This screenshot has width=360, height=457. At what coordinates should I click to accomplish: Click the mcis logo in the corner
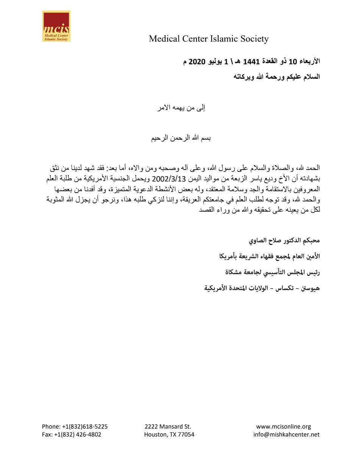(56, 26)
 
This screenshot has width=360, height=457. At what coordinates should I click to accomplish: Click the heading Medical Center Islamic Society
(209, 39)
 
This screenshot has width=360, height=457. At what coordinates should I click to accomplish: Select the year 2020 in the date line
(196, 61)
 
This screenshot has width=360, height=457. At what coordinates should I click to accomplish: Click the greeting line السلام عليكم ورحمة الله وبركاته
(277, 76)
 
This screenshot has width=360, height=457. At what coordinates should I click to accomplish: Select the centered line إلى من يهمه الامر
(181, 108)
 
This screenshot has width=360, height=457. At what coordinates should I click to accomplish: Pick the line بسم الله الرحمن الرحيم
(181, 138)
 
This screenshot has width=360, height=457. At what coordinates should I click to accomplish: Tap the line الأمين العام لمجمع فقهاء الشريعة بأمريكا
(270, 256)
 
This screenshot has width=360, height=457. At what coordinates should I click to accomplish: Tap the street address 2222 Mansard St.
(168, 426)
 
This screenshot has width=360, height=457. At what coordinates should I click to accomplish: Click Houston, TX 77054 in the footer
(169, 435)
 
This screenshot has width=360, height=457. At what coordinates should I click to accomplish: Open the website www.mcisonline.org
(284, 426)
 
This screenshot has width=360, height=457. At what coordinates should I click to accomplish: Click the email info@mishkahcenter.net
(286, 435)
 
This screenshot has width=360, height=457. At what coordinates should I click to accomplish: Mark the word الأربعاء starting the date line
(309, 61)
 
